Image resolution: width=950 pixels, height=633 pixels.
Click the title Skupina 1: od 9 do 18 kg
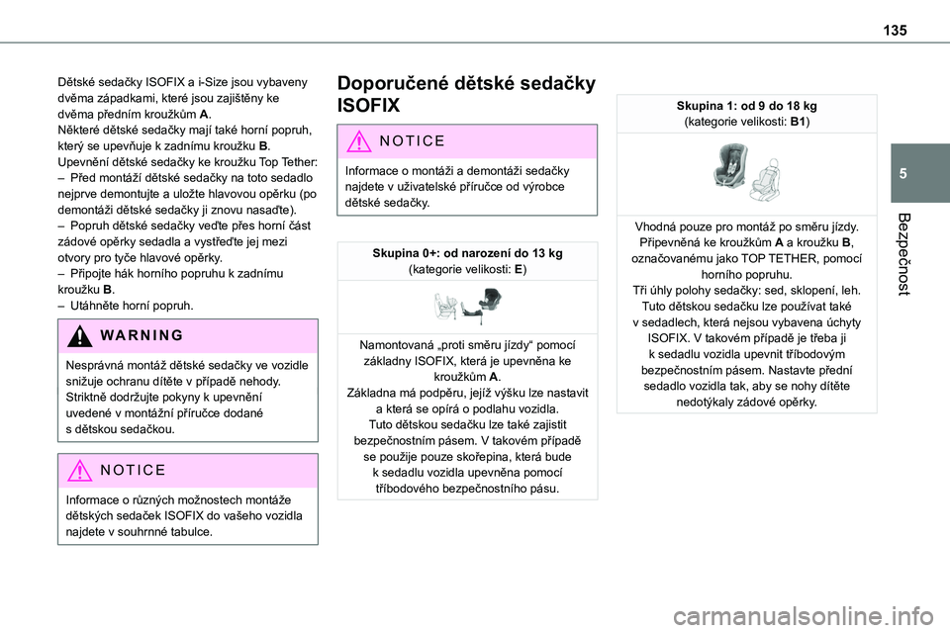745,106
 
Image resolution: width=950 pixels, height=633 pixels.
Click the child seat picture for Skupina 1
745,172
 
